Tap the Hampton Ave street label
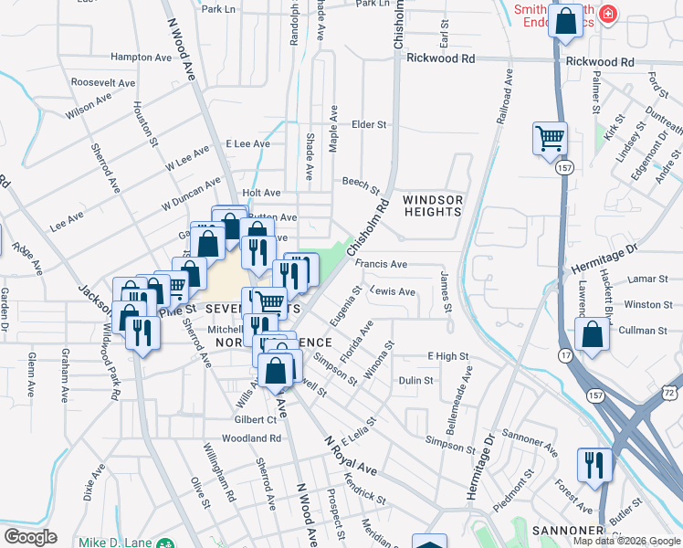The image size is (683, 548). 141,57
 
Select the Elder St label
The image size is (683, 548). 370,124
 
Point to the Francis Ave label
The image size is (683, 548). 381,264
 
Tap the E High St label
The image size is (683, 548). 447,356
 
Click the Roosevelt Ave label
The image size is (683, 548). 103,82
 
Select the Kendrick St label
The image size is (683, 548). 364,488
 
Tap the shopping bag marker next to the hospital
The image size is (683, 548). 566,21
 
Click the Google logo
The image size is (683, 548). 30,537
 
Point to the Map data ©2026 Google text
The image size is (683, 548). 626,541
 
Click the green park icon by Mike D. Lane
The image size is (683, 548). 163,543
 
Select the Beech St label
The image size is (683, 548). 361,184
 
